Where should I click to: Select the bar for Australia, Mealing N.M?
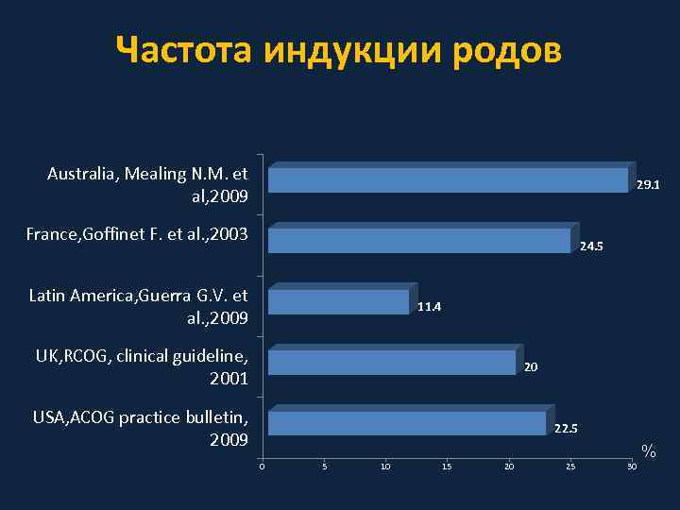[x=448, y=180]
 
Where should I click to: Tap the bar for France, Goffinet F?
[x=419, y=241]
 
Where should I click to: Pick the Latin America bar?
[x=339, y=301]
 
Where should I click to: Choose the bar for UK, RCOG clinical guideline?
[x=392, y=363]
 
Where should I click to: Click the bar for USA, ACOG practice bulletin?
[x=407, y=423]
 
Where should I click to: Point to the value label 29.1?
[x=648, y=185]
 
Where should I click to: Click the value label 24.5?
[x=591, y=246]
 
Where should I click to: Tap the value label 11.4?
[x=429, y=307]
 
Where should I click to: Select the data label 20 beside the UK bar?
[x=531, y=366]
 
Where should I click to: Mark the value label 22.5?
[x=566, y=429]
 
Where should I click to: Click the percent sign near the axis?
[x=648, y=451]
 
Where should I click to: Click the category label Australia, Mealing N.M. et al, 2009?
[x=147, y=185]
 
